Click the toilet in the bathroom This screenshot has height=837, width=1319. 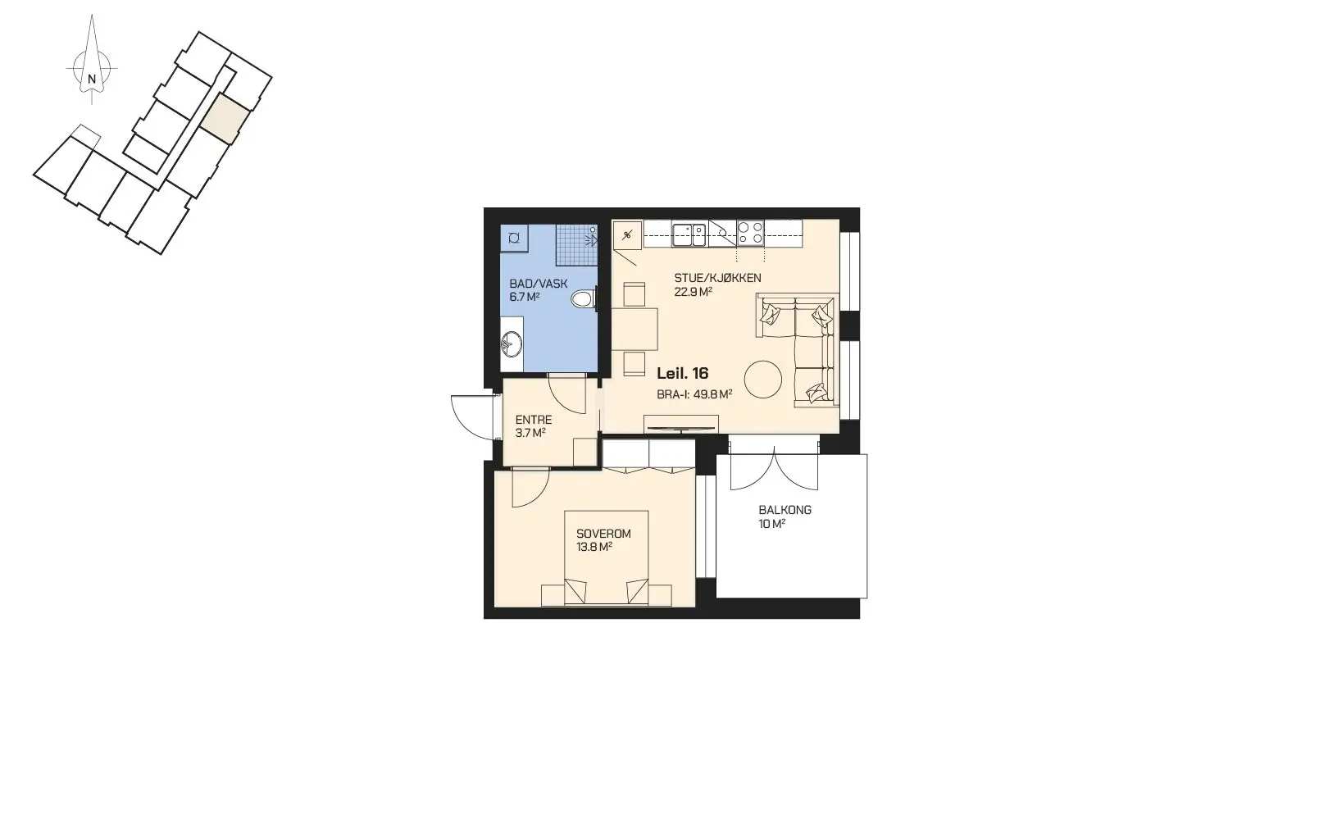coord(584,298)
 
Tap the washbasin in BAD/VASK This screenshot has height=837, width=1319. coord(512,344)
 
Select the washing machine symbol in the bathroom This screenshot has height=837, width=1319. coord(514,238)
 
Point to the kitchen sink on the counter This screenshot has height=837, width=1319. coord(689,234)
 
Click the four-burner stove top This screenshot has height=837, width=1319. coord(750,234)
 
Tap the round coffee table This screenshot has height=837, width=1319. coord(762,380)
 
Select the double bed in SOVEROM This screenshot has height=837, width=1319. coord(607,557)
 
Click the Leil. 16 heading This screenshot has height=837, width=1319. coord(683,374)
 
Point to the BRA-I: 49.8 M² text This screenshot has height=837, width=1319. coord(694,394)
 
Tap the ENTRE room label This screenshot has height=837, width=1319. coord(534,420)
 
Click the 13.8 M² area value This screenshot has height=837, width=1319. coord(594,547)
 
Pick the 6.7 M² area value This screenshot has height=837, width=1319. coord(525,297)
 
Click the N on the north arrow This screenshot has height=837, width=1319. coord(91,79)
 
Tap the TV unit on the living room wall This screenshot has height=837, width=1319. coord(681,424)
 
